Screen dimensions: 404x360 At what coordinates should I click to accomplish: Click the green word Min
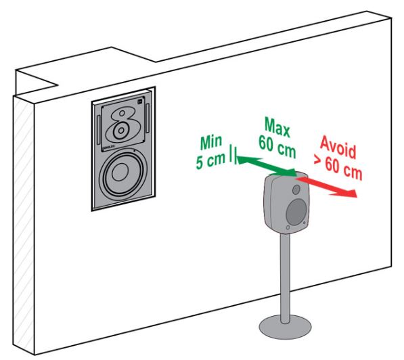(x=211, y=142)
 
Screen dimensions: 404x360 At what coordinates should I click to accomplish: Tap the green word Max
(x=277, y=127)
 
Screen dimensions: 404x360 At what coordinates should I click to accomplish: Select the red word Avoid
(x=338, y=148)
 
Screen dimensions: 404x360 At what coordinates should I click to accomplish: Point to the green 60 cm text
(x=277, y=147)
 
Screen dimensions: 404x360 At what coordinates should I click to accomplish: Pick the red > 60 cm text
(x=338, y=167)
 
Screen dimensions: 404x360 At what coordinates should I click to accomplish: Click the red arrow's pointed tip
(x=357, y=197)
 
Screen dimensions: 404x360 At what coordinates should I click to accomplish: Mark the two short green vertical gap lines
(x=233, y=154)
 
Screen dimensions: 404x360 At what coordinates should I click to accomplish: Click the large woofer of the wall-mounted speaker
(x=120, y=172)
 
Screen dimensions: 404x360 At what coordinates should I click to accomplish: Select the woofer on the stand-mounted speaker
(x=296, y=212)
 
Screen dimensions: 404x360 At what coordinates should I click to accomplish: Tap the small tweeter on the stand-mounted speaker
(x=296, y=190)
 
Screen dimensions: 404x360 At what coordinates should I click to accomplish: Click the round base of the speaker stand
(x=285, y=327)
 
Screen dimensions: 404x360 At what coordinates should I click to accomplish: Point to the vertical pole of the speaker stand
(x=284, y=278)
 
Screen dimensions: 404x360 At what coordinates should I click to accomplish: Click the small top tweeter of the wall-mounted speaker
(x=122, y=113)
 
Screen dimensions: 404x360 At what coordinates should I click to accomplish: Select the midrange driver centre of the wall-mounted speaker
(x=121, y=130)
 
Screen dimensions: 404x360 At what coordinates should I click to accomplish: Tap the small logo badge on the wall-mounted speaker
(x=140, y=102)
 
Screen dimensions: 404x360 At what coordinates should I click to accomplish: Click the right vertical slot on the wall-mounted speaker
(x=148, y=118)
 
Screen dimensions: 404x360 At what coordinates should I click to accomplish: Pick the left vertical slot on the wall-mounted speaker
(x=98, y=130)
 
